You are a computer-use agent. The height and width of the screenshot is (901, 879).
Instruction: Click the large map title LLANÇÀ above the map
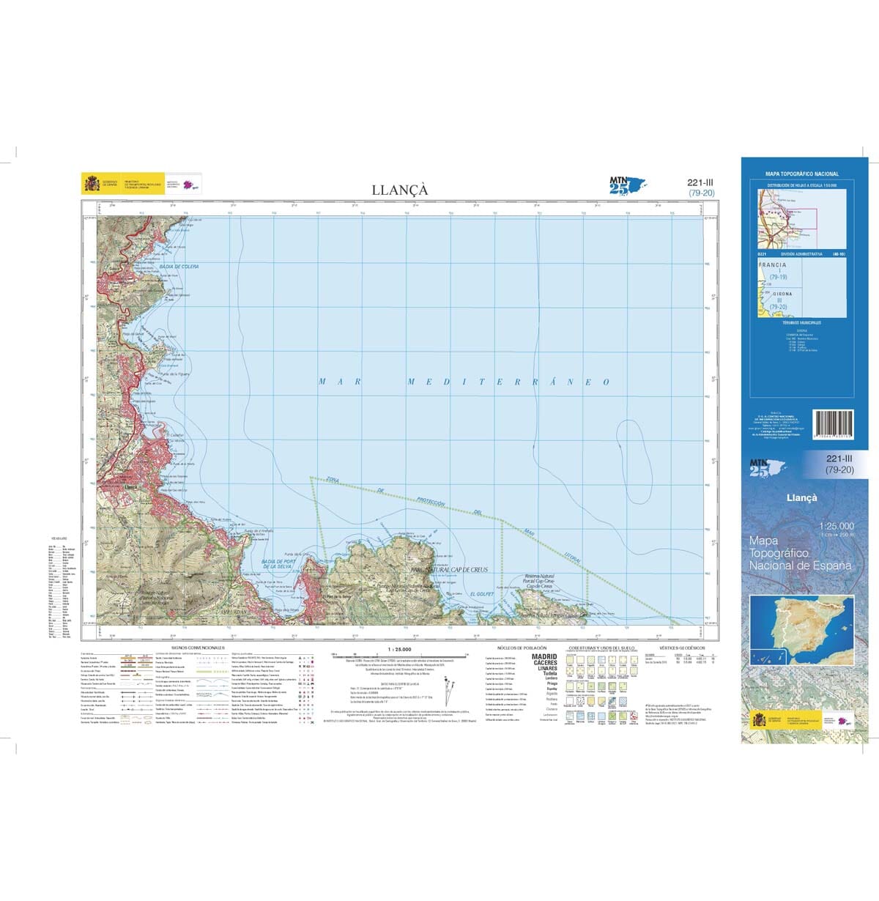[x=399, y=190]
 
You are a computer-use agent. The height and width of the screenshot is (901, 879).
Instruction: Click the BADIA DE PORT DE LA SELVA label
[x=278, y=564]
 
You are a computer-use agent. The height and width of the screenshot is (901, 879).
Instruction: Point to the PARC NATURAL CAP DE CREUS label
[x=449, y=569]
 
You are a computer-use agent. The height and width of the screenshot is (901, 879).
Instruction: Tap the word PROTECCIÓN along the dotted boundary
[x=431, y=502]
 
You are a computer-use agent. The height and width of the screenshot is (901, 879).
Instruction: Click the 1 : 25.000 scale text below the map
[x=399, y=650]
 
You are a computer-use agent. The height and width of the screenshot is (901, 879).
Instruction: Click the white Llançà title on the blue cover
[x=801, y=497]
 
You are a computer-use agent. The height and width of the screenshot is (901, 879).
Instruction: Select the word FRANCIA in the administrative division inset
[x=773, y=265]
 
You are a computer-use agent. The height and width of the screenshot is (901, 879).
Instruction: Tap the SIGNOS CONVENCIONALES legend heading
[x=197, y=648]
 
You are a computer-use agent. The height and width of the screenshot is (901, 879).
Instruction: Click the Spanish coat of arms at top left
[x=92, y=183]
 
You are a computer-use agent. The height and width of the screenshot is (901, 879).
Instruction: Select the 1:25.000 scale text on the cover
[x=837, y=525]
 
